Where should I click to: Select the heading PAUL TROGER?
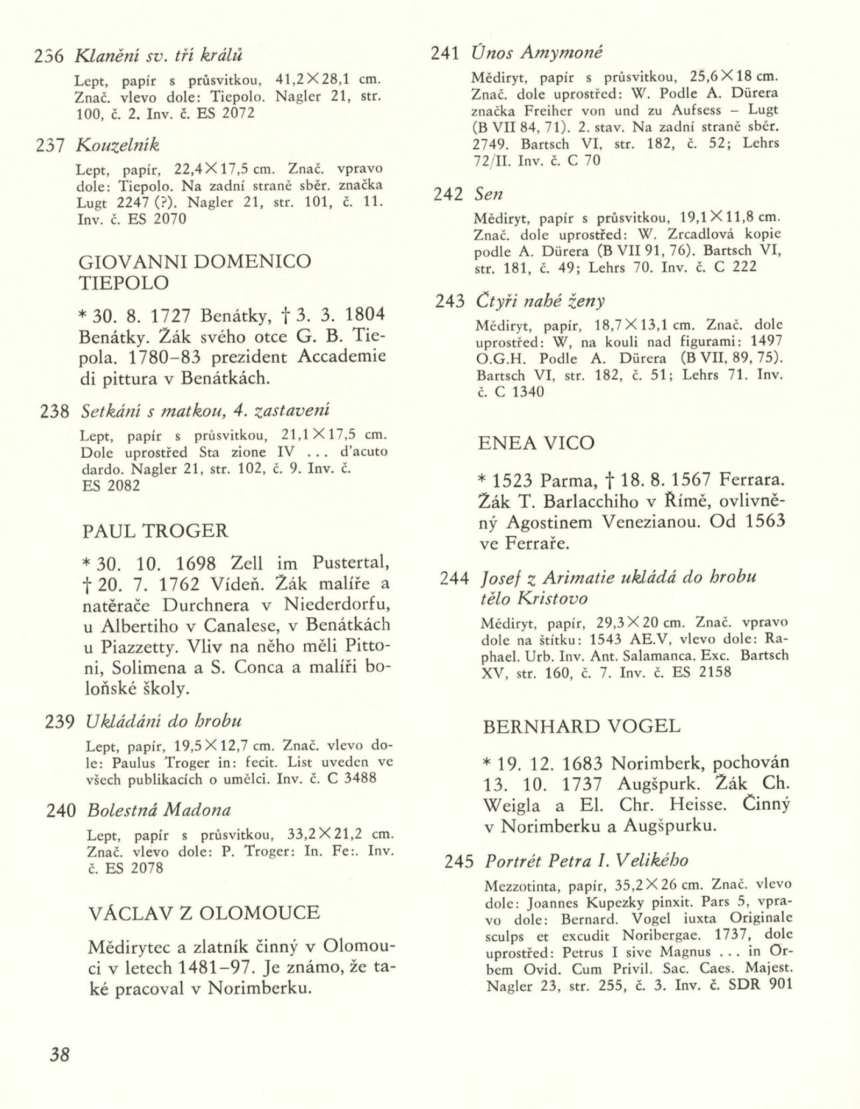(155, 531)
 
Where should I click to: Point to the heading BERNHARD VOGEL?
(582, 726)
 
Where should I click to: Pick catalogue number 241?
(446, 53)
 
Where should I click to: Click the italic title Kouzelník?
(118, 145)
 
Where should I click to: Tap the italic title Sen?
(489, 194)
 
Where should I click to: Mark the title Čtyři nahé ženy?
(540, 301)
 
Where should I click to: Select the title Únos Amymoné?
(537, 52)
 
